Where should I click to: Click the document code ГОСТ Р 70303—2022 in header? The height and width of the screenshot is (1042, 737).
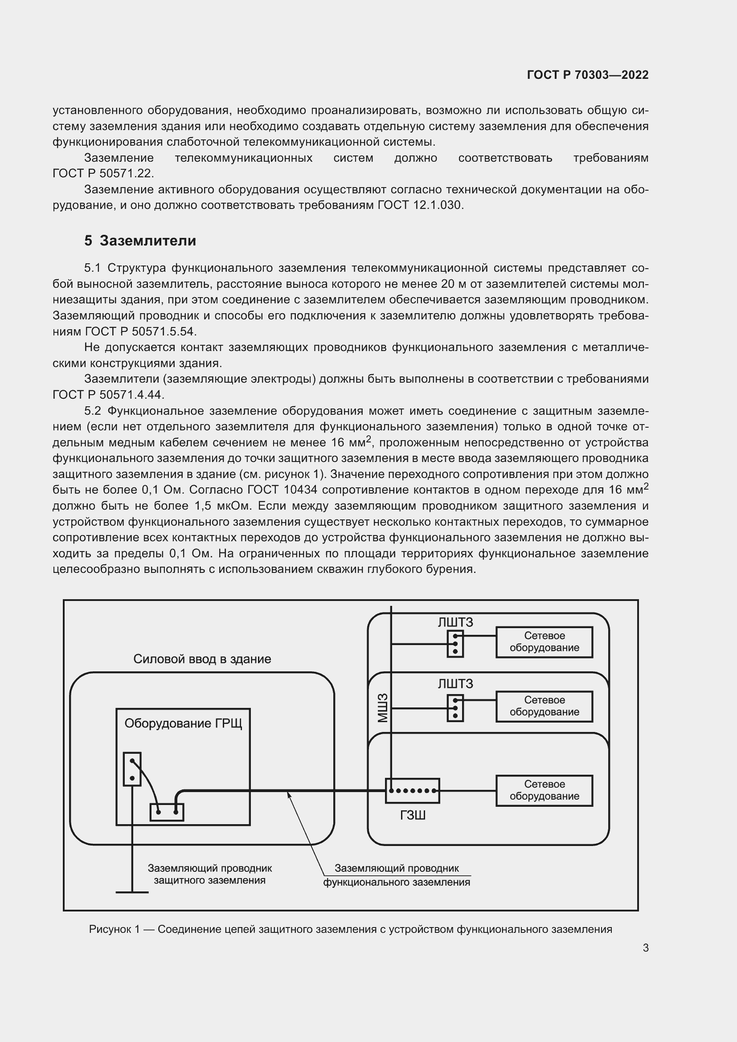pyautogui.click(x=587, y=75)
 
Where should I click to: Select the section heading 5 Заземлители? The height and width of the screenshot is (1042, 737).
pyautogui.click(x=140, y=241)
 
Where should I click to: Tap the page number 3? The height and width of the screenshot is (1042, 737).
pyautogui.click(x=645, y=948)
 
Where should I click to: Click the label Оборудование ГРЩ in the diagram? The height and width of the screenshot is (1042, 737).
pyautogui.click(x=183, y=723)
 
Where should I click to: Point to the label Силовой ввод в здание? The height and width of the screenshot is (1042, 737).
pyautogui.click(x=202, y=659)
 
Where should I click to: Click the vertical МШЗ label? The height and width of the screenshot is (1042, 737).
pyautogui.click(x=383, y=708)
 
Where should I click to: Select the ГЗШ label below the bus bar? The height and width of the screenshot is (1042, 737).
pyautogui.click(x=412, y=816)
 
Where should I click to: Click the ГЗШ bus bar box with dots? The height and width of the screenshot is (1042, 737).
pyautogui.click(x=412, y=791)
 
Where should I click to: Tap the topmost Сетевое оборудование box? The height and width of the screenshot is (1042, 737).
pyautogui.click(x=544, y=642)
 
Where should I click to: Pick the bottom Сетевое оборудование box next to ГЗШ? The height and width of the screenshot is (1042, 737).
pyautogui.click(x=544, y=790)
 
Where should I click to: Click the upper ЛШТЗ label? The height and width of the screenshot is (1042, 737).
pyautogui.click(x=455, y=622)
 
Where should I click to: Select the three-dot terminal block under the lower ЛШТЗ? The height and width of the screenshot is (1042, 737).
pyautogui.click(x=455, y=708)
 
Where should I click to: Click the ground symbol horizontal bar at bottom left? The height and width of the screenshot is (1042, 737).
pyautogui.click(x=132, y=892)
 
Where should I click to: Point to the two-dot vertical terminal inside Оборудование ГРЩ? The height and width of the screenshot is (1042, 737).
pyautogui.click(x=132, y=769)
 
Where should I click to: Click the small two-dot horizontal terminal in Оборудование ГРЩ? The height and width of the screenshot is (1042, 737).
pyautogui.click(x=167, y=812)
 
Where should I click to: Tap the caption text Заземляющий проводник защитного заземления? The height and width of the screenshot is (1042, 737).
pyautogui.click(x=210, y=874)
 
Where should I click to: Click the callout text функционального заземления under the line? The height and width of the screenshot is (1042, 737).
pyautogui.click(x=396, y=882)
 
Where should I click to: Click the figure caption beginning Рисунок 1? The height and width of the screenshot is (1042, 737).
pyautogui.click(x=350, y=929)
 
